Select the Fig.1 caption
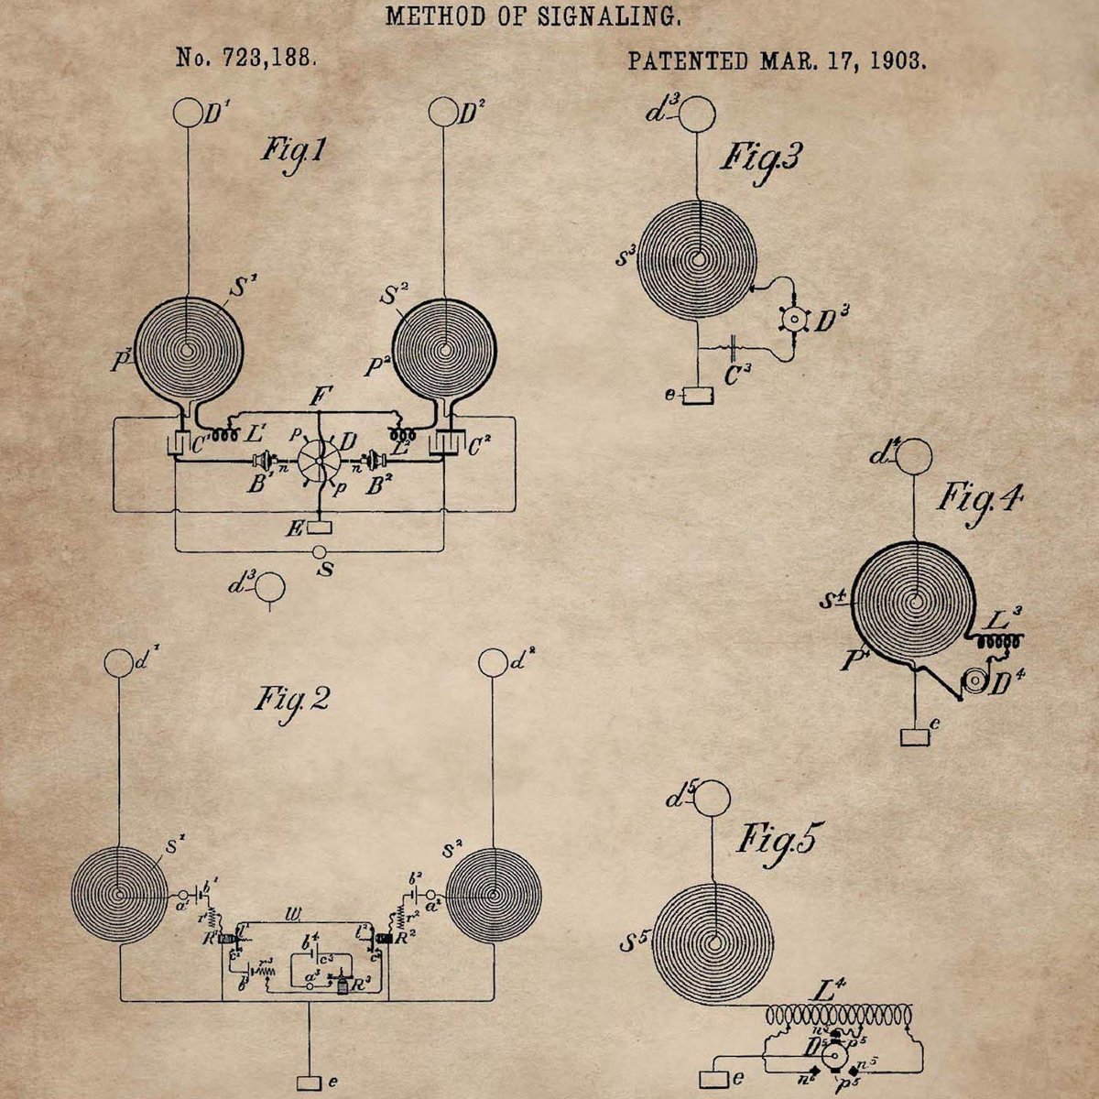pyautogui.click(x=292, y=148)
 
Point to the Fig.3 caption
pyautogui.click(x=759, y=158)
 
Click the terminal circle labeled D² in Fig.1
pyautogui.click(x=443, y=114)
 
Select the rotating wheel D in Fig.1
pyautogui.click(x=319, y=461)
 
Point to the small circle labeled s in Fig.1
pyautogui.click(x=319, y=552)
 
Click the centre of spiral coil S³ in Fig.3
pyautogui.click(x=699, y=259)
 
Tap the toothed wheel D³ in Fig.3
pyautogui.click(x=793, y=318)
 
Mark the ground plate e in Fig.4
pyautogui.click(x=913, y=736)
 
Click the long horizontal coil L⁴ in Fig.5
pyautogui.click(x=838, y=1015)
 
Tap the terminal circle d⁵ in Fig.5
pyautogui.click(x=709, y=799)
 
